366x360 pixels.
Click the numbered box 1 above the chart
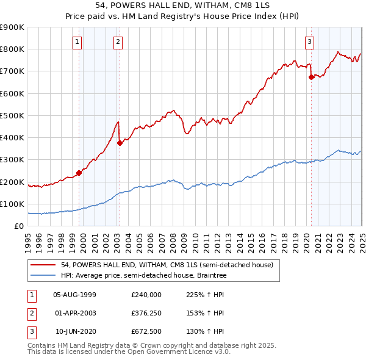tap(78, 42)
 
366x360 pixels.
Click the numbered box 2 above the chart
tap(117, 42)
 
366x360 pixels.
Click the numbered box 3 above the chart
tap(309, 42)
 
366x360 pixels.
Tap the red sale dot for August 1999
tap(79, 173)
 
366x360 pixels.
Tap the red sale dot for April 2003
tap(120, 143)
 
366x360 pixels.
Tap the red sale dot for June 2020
tap(311, 77)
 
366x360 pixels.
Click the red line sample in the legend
tap(43, 265)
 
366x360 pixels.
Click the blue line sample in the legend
tap(43, 275)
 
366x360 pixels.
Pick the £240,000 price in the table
tap(146, 294)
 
